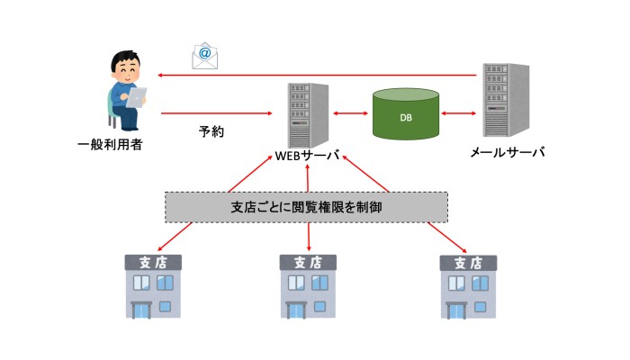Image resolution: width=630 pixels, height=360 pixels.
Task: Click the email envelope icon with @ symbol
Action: click(x=205, y=56)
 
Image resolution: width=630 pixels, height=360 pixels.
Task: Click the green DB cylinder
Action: click(x=406, y=113)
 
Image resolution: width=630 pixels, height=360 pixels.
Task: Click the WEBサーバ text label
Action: click(x=307, y=154)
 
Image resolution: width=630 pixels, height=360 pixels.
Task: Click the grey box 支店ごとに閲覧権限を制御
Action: click(x=307, y=207)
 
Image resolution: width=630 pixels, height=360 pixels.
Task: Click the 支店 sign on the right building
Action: click(x=467, y=263)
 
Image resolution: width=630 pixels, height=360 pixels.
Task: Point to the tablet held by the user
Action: click(x=137, y=95)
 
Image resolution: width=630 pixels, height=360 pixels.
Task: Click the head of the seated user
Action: click(x=124, y=66)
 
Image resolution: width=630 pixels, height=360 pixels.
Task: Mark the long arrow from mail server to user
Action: click(x=315, y=76)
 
